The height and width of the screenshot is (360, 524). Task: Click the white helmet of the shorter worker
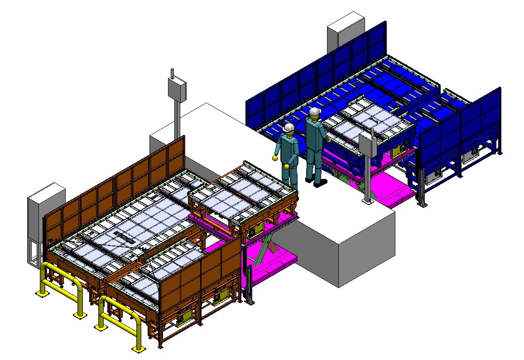(288, 128)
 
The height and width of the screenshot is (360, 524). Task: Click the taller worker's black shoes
(319, 182)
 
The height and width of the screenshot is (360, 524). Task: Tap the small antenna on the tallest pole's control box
(172, 72)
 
